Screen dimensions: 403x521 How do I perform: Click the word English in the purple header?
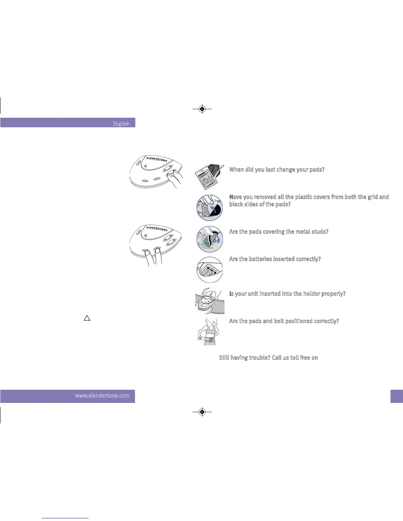coord(121,124)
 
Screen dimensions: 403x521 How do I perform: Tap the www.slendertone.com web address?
coord(102,396)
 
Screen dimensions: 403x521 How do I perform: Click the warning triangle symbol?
coord(87,318)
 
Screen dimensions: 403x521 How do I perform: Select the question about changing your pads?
coord(277,170)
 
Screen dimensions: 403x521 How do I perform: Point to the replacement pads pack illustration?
coord(209,177)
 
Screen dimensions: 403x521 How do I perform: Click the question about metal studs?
coord(279,232)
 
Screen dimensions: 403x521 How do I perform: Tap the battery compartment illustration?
coord(210,270)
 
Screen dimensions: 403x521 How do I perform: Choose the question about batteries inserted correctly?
coord(275,259)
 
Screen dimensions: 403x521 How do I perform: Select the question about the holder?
coord(287,294)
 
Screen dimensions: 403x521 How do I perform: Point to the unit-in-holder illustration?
coord(210,301)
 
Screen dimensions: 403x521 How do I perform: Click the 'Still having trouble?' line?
coord(268,358)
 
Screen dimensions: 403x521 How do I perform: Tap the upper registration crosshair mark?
coord(202,109)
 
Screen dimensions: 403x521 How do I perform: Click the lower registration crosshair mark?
coord(202,411)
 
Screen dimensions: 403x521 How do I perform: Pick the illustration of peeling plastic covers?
coord(210,208)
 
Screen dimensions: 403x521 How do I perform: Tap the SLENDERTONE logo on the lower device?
coord(157,228)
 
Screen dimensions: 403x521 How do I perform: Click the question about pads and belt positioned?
coord(284,321)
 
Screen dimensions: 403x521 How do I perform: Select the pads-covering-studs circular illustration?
coord(210,239)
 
